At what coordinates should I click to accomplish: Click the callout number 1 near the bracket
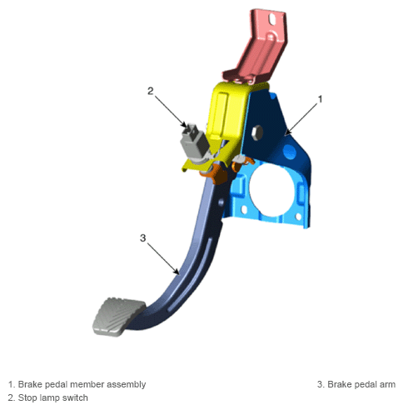coord(320,99)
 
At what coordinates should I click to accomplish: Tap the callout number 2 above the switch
coord(150,91)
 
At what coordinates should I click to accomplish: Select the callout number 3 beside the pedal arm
coord(142,238)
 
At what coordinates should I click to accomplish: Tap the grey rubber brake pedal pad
coord(119,317)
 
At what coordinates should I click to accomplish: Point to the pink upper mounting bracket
coord(258,47)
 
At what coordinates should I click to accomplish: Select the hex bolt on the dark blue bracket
coord(257,132)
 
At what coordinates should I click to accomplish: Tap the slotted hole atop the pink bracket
coord(272,19)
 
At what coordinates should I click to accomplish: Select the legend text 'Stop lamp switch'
coord(53,397)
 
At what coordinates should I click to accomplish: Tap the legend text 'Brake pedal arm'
coord(361,384)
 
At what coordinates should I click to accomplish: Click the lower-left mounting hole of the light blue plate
coord(244,210)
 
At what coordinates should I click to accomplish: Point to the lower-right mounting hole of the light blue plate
coord(299,216)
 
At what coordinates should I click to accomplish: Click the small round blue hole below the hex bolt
coord(290,152)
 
